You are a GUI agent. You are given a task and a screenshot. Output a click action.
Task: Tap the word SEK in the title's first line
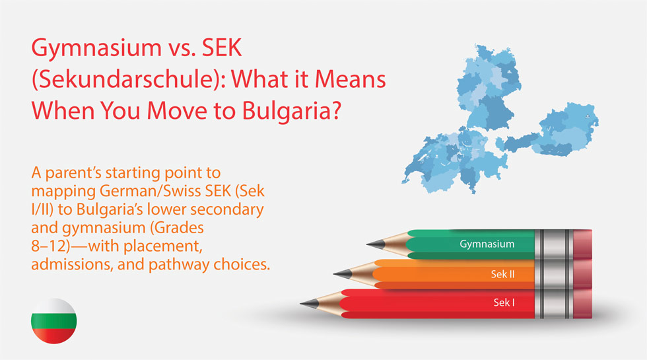[222, 48]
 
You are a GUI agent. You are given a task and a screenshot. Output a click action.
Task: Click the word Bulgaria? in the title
[292, 111]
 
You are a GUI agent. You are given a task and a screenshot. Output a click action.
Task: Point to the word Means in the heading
[351, 79]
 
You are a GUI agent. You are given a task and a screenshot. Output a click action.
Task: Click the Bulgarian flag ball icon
[53, 321]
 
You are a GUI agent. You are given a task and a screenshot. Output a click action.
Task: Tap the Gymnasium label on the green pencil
[487, 244]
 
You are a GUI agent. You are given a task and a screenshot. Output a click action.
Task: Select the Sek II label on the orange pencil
[502, 274]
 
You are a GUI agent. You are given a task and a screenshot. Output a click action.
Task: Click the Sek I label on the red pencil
[504, 303]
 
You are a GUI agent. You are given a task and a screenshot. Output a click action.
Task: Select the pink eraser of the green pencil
[582, 244]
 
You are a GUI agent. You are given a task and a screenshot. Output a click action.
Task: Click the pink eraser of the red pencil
[582, 303]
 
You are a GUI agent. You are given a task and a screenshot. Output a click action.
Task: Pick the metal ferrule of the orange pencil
[554, 273]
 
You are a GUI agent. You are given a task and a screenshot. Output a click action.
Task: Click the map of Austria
[553, 131]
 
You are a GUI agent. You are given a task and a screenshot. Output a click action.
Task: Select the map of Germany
[489, 87]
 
